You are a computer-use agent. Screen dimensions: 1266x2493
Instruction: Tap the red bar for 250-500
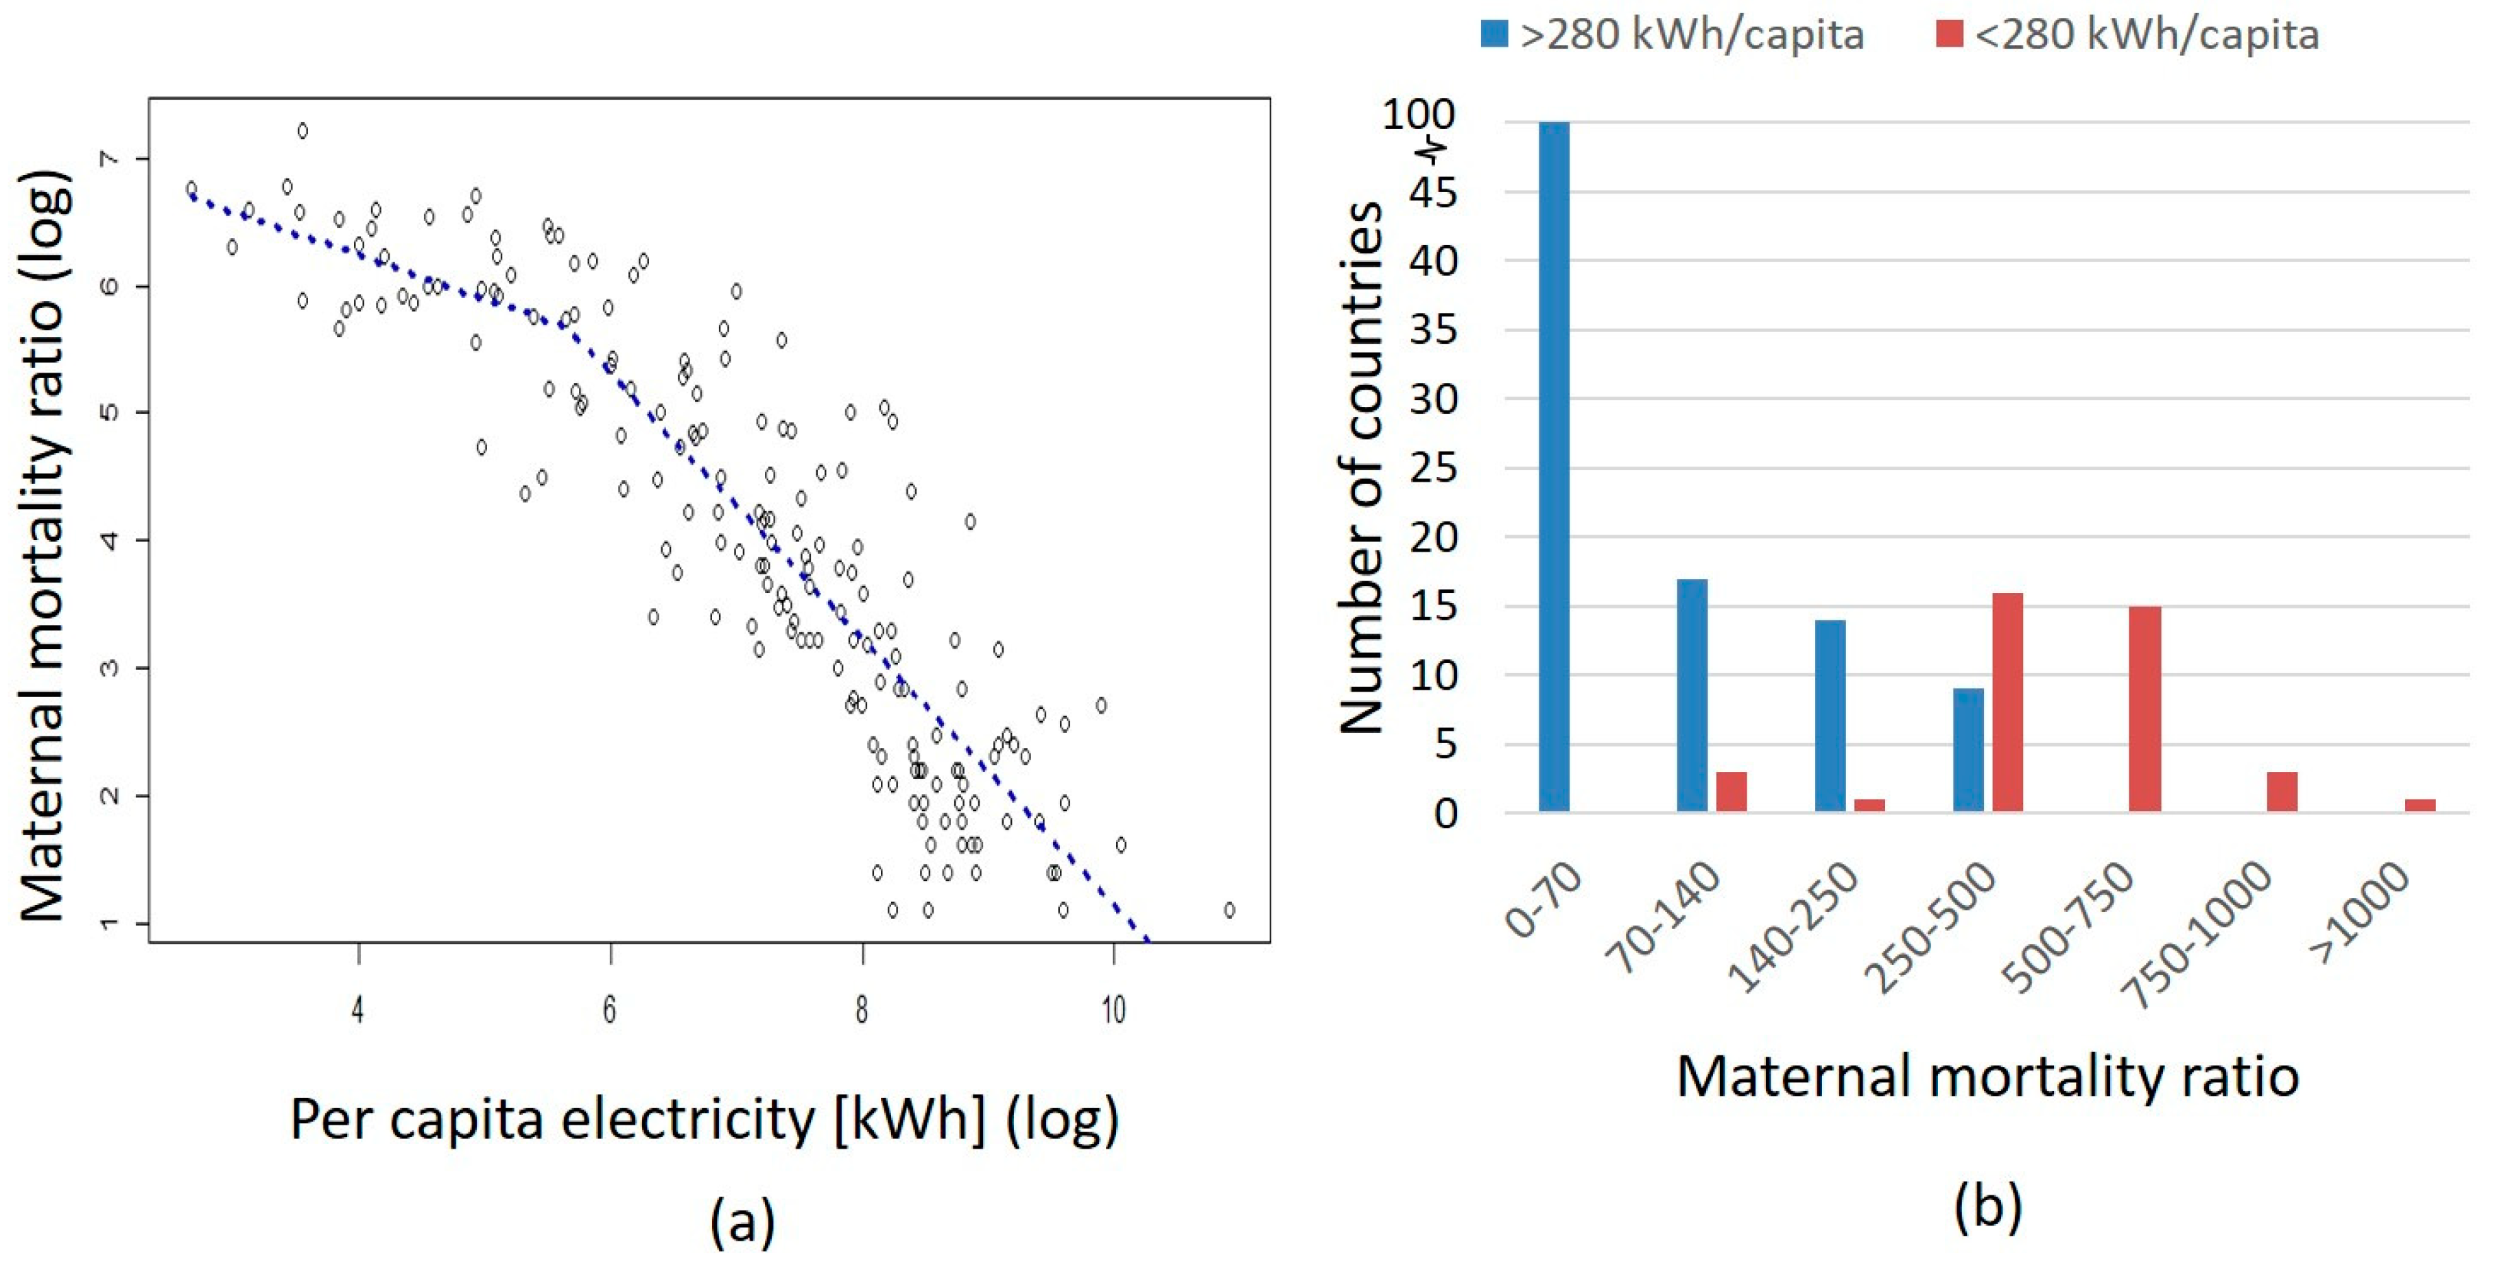[x=2007, y=702]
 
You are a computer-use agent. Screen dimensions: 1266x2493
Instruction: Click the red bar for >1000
[x=2420, y=806]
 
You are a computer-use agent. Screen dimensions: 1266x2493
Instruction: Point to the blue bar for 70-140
[x=1692, y=695]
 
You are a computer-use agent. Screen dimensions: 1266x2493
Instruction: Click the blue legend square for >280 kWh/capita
[x=1494, y=35]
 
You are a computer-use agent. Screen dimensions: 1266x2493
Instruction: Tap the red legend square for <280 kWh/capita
[x=1949, y=35]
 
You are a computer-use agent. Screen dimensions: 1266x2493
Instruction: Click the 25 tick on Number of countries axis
[x=1432, y=469]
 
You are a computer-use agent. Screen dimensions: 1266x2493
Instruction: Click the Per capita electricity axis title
[x=705, y=1121]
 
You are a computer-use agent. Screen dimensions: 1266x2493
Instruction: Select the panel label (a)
[x=742, y=1221]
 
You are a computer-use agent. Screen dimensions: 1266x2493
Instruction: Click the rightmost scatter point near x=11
[x=1229, y=910]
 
